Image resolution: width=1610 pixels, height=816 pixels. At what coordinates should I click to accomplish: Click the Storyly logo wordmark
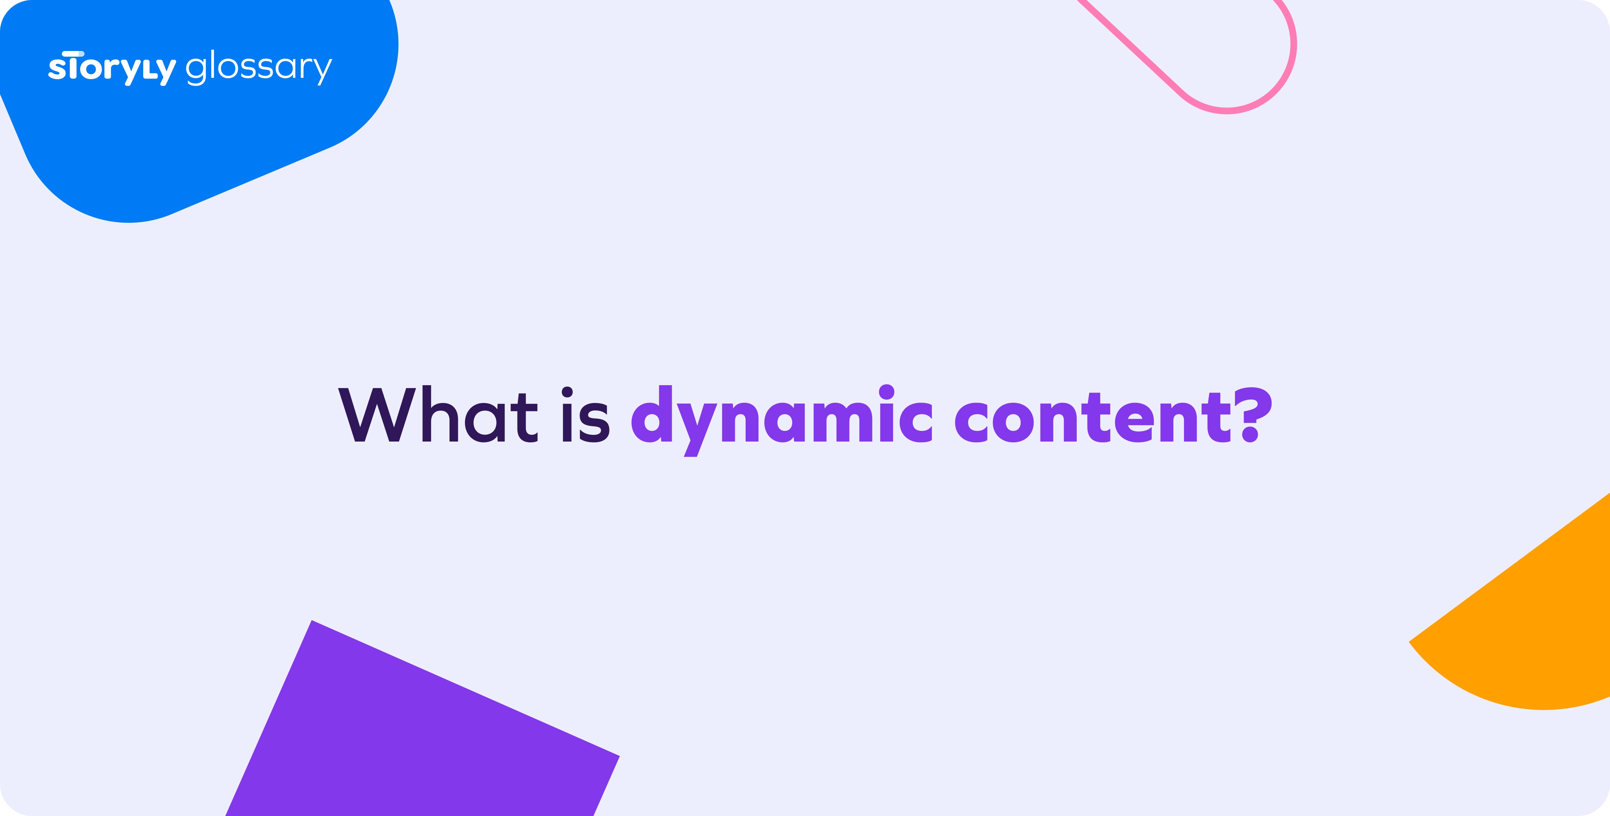point(112,67)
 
